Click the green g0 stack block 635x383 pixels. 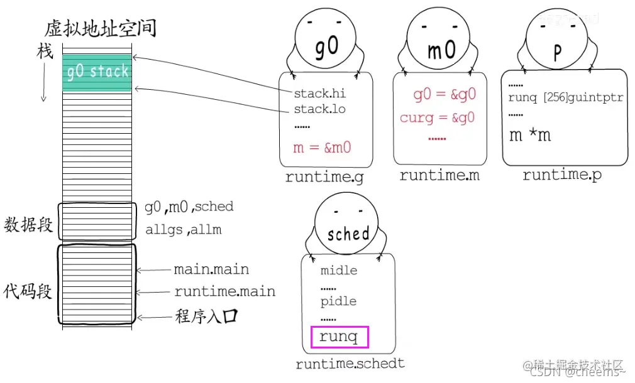(x=97, y=72)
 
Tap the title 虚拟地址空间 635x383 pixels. (x=101, y=29)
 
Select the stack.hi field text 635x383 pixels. (x=319, y=94)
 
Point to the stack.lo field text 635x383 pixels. (x=319, y=109)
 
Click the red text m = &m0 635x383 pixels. (x=321, y=148)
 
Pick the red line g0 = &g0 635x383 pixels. (x=444, y=95)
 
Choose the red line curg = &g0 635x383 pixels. (x=437, y=117)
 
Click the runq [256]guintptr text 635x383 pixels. (x=565, y=98)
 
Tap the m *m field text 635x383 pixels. (x=529, y=135)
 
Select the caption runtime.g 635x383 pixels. (x=324, y=177)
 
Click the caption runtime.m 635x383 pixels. (x=439, y=176)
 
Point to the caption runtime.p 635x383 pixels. (x=561, y=175)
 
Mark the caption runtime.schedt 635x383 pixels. (x=350, y=363)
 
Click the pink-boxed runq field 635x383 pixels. (x=340, y=337)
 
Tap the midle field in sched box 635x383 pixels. (x=338, y=271)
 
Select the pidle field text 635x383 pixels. (x=338, y=301)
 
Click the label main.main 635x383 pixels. (x=211, y=270)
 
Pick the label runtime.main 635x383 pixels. (x=224, y=291)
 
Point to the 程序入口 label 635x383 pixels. (x=206, y=316)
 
